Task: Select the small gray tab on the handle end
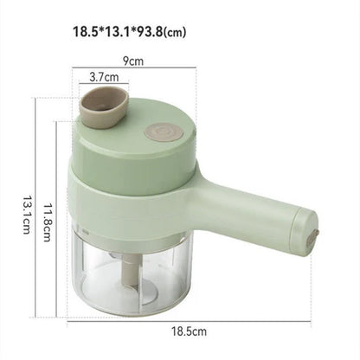coord(313,233)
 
